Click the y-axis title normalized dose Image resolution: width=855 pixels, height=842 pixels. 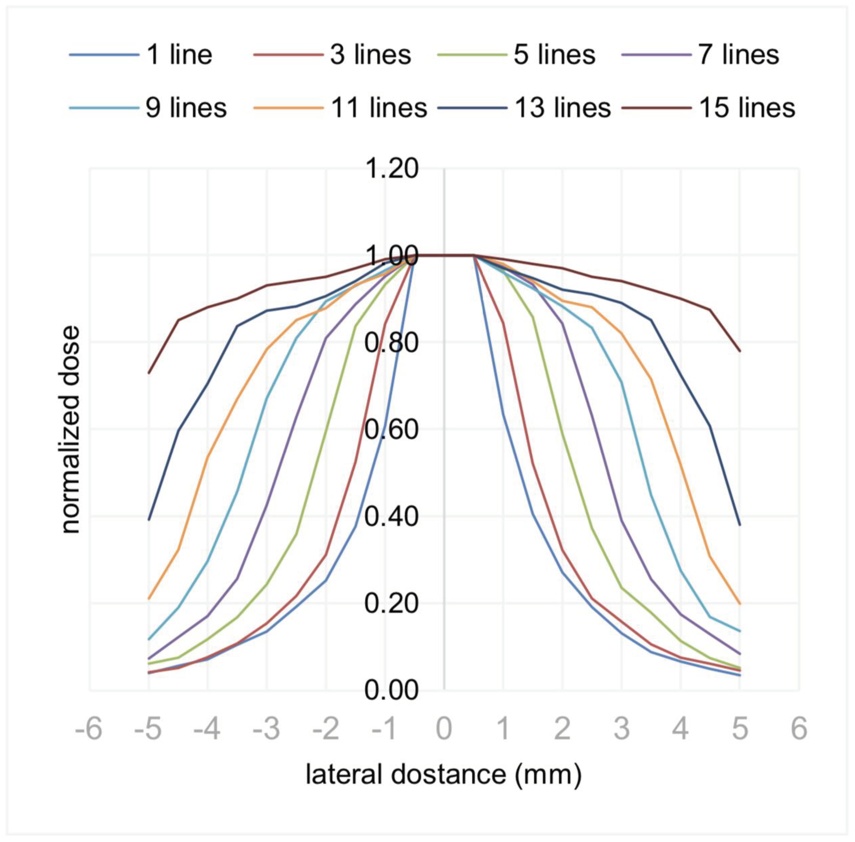[x=71, y=430]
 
